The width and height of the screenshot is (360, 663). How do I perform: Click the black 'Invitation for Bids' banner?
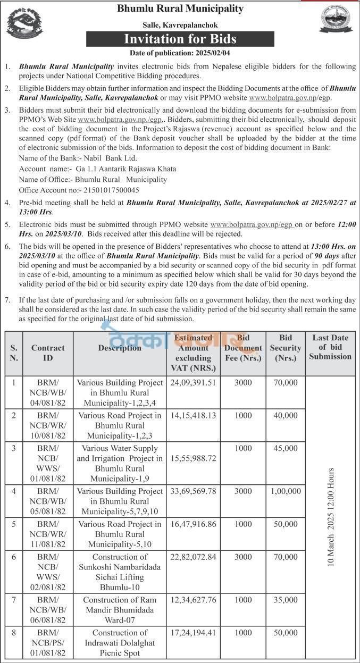[180, 39]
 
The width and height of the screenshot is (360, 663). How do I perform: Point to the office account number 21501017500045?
[104, 190]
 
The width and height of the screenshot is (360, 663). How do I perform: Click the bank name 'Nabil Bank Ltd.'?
[108, 158]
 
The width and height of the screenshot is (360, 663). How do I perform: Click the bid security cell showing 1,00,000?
[286, 491]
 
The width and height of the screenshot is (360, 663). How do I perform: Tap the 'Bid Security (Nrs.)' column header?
[286, 348]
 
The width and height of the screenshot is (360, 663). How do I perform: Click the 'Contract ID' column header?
[48, 353]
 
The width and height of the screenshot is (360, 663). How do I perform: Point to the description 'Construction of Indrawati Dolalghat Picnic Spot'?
[120, 642]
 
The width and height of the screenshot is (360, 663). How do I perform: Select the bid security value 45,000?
[286, 448]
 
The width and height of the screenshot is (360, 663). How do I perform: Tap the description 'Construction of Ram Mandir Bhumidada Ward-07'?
[120, 610]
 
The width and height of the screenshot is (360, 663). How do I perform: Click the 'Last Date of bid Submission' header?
[330, 347]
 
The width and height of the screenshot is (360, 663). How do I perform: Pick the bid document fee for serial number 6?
[243, 556]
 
